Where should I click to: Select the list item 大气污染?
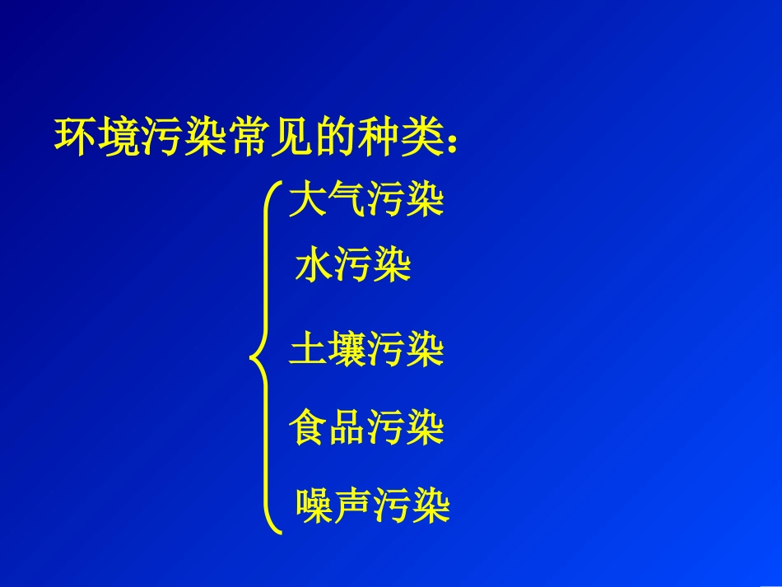[x=366, y=201]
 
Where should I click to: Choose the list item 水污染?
[x=353, y=268]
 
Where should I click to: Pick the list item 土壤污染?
[x=366, y=350]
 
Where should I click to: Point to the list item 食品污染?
[x=366, y=428]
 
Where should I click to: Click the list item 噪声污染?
[x=373, y=506]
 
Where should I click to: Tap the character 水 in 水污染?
[x=314, y=268]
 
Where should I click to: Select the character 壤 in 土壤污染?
[x=347, y=350]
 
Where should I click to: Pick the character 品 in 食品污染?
[x=347, y=428]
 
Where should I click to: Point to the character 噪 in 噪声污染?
[x=315, y=506]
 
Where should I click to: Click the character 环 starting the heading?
[x=73, y=136]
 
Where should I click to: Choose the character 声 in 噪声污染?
[x=353, y=506]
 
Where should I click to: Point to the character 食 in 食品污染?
[x=308, y=428]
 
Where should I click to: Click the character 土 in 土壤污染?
[x=308, y=350]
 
